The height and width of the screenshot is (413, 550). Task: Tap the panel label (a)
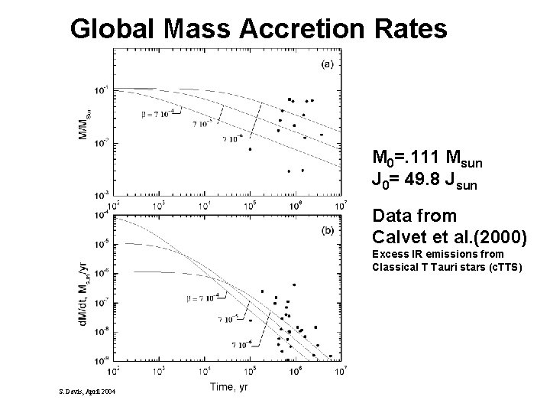(x=326, y=64)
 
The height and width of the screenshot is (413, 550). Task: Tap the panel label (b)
(x=326, y=230)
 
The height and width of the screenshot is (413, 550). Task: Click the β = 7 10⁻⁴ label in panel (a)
(x=157, y=112)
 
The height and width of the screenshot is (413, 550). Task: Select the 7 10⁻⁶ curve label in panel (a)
(x=233, y=139)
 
